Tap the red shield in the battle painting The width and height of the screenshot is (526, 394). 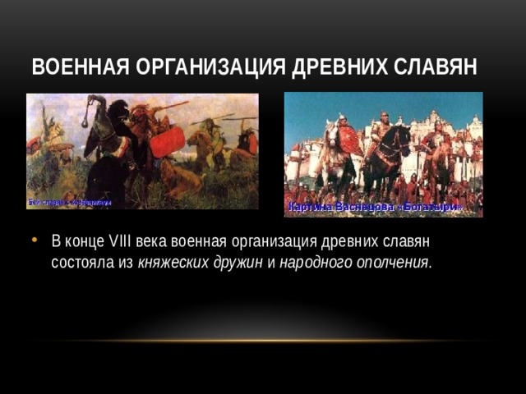(x=167, y=141)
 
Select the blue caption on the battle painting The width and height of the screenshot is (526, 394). (x=70, y=202)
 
